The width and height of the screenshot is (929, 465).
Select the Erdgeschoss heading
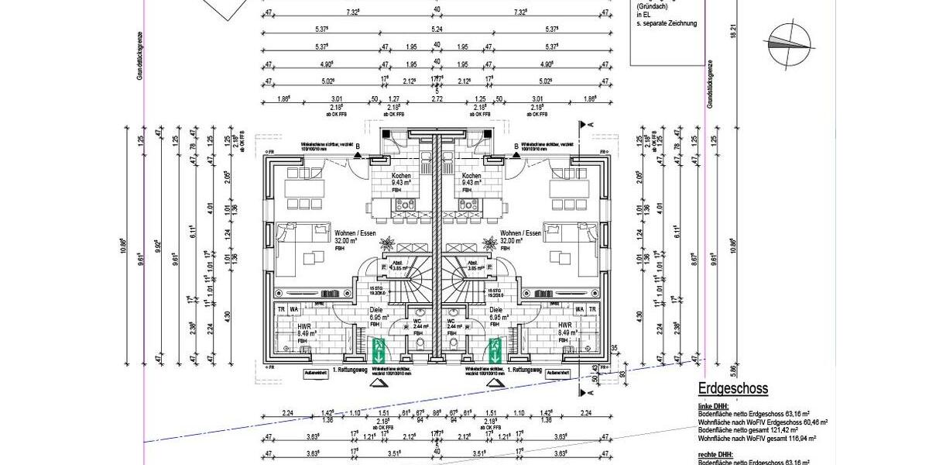click(732, 389)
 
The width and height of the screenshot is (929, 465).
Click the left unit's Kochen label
click(401, 176)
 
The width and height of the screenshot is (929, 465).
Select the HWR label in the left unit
click(304, 326)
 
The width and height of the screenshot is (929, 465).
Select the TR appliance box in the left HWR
click(281, 309)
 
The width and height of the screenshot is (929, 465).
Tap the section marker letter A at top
click(591, 124)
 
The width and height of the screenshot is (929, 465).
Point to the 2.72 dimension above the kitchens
click(437, 100)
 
